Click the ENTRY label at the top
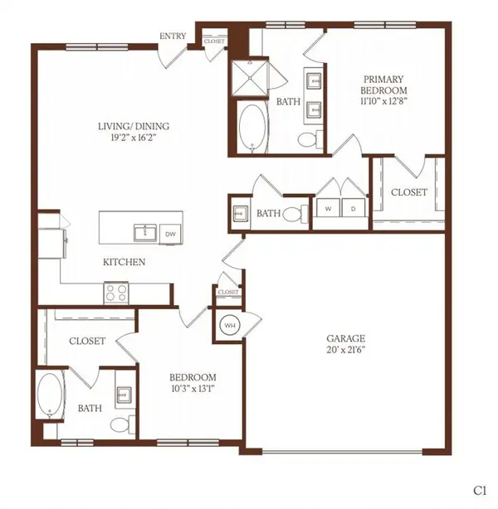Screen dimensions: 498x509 click(173, 36)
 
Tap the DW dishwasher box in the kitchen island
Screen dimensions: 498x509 click(171, 234)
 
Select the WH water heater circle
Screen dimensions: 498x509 click(230, 325)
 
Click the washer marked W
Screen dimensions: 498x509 click(328, 208)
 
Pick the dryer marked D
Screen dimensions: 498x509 click(354, 208)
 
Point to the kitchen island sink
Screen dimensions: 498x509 click(145, 233)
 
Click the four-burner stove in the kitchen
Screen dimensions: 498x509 click(116, 293)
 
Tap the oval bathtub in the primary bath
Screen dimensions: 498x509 click(252, 128)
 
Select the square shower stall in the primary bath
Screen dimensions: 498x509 click(250, 78)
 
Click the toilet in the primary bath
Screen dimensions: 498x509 click(310, 139)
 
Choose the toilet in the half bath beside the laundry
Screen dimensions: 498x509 click(295, 214)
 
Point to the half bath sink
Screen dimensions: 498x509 click(241, 214)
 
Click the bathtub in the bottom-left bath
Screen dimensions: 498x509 click(50, 395)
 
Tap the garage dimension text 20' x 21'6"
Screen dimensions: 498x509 click(346, 350)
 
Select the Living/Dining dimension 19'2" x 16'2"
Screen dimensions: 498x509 click(134, 138)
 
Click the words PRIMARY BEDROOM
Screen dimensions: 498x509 click(383, 85)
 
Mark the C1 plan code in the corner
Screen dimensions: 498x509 click(480, 491)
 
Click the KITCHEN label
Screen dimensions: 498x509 click(124, 262)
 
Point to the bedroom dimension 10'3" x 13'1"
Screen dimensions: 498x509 click(193, 389)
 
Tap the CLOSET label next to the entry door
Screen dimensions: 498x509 click(214, 41)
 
